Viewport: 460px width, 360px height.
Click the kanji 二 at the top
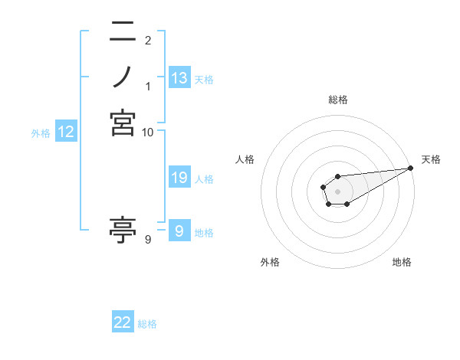123,32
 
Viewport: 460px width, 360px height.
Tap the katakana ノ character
123,76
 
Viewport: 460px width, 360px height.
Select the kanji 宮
123,123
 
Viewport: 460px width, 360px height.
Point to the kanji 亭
123,229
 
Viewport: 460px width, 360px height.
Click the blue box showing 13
179,78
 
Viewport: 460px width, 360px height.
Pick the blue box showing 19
179,178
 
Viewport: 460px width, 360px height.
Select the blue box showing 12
66,133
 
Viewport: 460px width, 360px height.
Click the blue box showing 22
123,323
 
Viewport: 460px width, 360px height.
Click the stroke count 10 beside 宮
148,133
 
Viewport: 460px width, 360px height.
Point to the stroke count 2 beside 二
148,41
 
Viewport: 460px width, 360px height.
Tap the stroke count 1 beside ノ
148,84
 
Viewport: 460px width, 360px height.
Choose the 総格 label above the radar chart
337,100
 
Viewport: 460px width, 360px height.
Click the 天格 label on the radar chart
431,159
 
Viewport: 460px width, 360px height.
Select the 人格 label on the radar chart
245,159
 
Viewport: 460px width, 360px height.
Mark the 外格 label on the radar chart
270,263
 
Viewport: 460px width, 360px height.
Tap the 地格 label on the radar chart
402,263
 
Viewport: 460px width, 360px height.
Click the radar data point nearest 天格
412,169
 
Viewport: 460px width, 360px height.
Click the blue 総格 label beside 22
147,324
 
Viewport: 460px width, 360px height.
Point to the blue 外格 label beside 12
41,133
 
